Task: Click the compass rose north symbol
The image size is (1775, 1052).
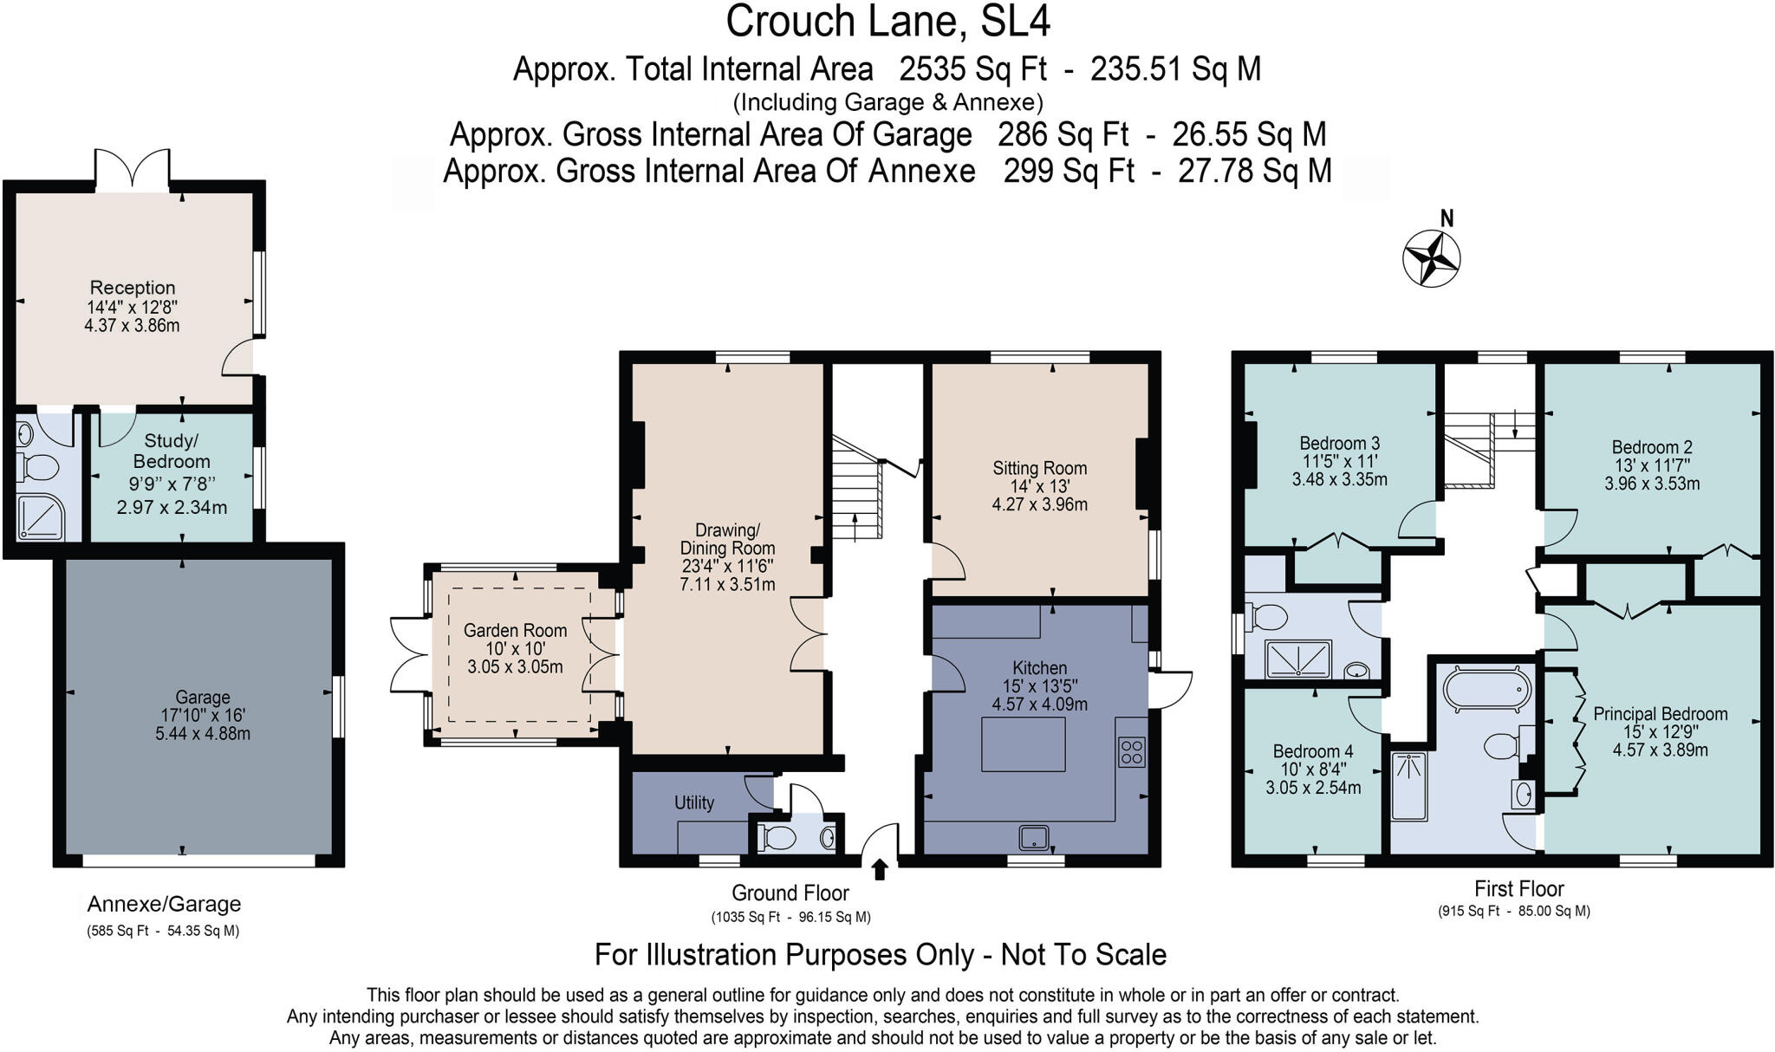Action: (1432, 257)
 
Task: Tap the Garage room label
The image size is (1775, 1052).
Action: (203, 698)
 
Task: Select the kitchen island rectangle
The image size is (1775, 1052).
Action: (1023, 744)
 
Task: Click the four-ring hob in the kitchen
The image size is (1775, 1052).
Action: (1131, 751)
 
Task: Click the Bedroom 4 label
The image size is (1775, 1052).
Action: (1313, 751)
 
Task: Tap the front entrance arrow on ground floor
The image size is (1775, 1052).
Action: (880, 869)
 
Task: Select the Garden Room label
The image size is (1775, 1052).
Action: (515, 631)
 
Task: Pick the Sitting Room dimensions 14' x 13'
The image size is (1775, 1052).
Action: (1039, 486)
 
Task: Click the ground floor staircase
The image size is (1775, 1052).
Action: (856, 490)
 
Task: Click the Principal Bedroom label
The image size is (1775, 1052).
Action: (1660, 714)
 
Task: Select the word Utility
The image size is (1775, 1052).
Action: (694, 802)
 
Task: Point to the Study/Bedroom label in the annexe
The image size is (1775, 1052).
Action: (172, 451)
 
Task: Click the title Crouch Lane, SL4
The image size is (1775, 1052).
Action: (887, 22)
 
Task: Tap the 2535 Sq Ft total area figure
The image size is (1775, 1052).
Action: (972, 68)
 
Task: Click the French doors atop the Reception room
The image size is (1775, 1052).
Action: (132, 168)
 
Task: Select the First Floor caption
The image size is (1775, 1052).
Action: (1518, 889)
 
